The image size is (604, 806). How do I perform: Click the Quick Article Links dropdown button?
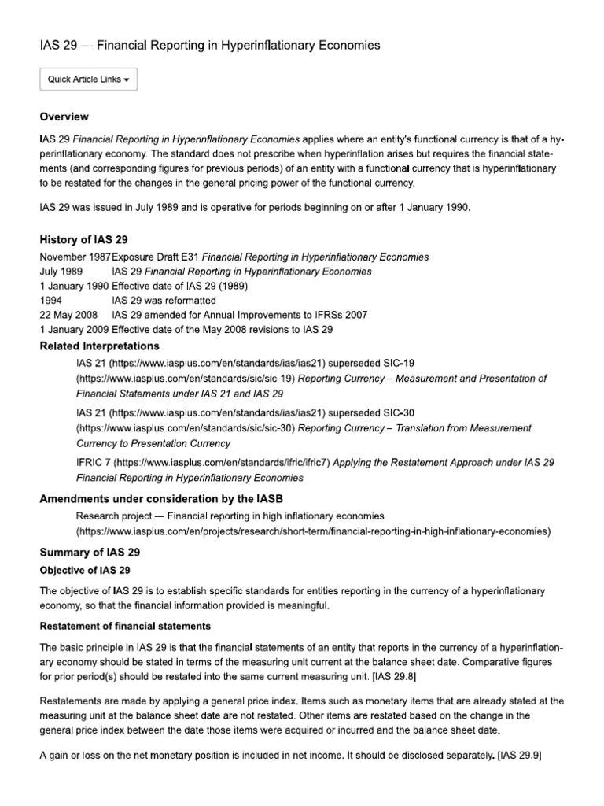(x=88, y=79)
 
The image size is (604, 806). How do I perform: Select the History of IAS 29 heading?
(x=83, y=239)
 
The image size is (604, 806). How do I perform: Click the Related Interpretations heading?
(x=99, y=346)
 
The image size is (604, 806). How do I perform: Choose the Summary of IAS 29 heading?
(x=90, y=553)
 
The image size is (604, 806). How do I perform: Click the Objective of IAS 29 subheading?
(x=85, y=570)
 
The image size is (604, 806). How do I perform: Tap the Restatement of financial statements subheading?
(x=125, y=627)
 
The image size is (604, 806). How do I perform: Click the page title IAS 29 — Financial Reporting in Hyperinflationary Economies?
(x=210, y=46)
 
